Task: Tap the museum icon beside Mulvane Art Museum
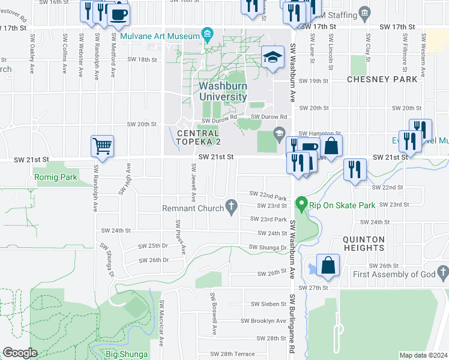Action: [208, 33]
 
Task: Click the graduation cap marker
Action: [273, 58]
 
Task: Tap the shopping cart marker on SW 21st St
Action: [102, 145]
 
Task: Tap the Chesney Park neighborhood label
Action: [382, 79]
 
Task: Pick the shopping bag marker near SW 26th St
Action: [328, 265]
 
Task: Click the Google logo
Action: [20, 353]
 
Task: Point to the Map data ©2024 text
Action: [423, 355]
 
